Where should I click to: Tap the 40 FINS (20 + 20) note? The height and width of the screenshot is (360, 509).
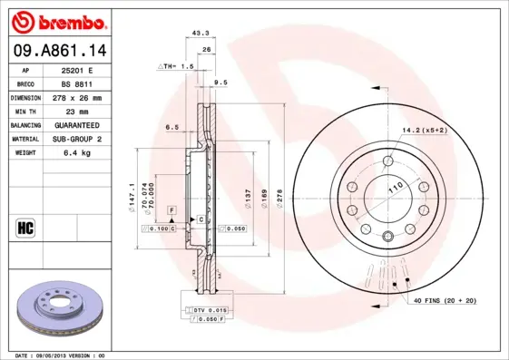point(445,299)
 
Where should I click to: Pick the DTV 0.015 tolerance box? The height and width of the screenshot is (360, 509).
point(210,310)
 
